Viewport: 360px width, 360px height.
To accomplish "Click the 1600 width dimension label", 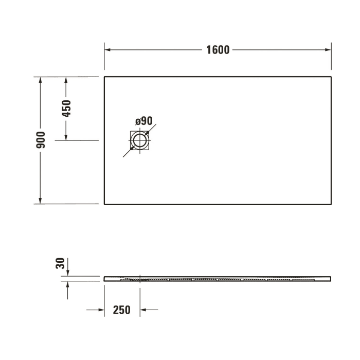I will click(218, 50).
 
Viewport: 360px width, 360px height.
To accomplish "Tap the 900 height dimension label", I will click(41, 140).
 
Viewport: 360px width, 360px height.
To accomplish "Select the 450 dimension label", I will click(66, 109).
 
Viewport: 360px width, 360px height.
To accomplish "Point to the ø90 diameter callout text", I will click(144, 121).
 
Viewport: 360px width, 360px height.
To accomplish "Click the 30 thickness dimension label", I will click(60, 264).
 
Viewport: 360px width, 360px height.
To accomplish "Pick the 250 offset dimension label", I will click(121, 310).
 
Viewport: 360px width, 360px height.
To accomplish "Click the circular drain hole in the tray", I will click(139, 140).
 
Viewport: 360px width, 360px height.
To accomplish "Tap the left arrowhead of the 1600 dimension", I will click(108, 50).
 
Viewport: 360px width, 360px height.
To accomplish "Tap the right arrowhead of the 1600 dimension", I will click(328, 50).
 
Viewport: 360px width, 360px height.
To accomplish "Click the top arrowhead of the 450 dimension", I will click(66, 80).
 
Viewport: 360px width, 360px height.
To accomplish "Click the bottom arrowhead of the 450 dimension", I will click(66, 137).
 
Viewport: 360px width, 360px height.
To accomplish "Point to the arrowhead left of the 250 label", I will click(101, 310).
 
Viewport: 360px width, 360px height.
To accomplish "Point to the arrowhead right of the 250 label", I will click(143, 310).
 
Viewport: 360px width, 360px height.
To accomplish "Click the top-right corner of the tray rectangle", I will click(331, 77).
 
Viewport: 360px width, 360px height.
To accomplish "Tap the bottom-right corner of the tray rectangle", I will click(331, 204).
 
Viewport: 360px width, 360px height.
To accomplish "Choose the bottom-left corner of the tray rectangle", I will click(104, 204).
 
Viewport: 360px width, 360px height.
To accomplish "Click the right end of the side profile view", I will click(330, 279).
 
